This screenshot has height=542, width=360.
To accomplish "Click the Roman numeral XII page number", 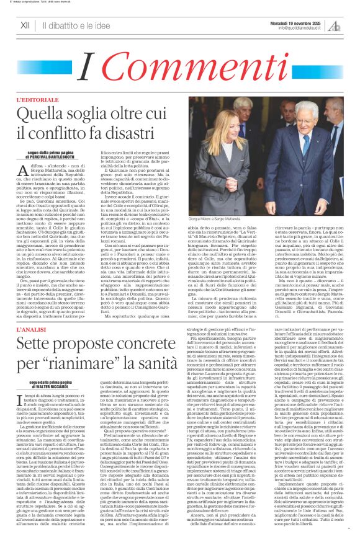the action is pos(25,25).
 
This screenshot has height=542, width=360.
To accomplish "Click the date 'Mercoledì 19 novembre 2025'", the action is pos(305,22).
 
